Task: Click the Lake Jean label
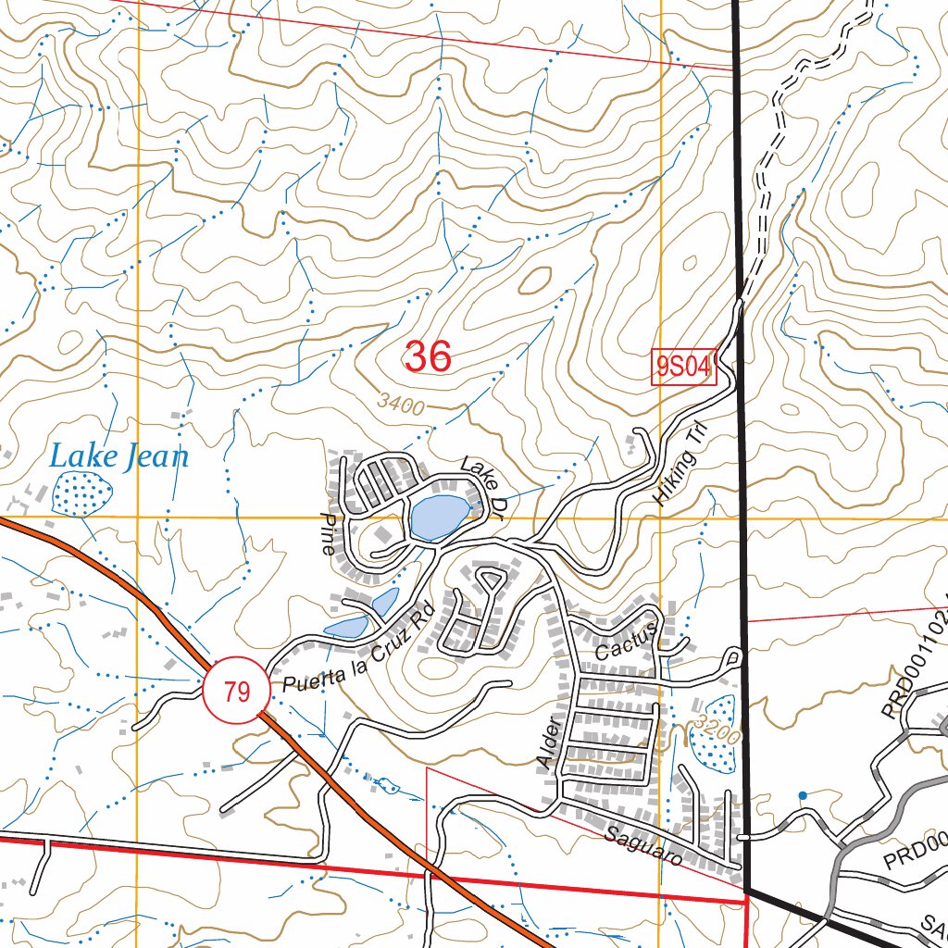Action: (x=118, y=456)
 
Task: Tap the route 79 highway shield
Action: (x=237, y=692)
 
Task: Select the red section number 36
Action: (x=428, y=356)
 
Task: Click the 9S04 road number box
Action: (x=684, y=368)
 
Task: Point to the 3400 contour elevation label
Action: (x=401, y=405)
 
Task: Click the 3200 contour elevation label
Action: (x=718, y=730)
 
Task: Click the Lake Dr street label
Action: (x=480, y=482)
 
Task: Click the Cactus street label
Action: (x=627, y=640)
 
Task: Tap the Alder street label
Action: (x=547, y=740)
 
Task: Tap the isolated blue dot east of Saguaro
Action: (x=802, y=794)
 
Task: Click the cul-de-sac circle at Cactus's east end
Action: (x=734, y=656)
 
